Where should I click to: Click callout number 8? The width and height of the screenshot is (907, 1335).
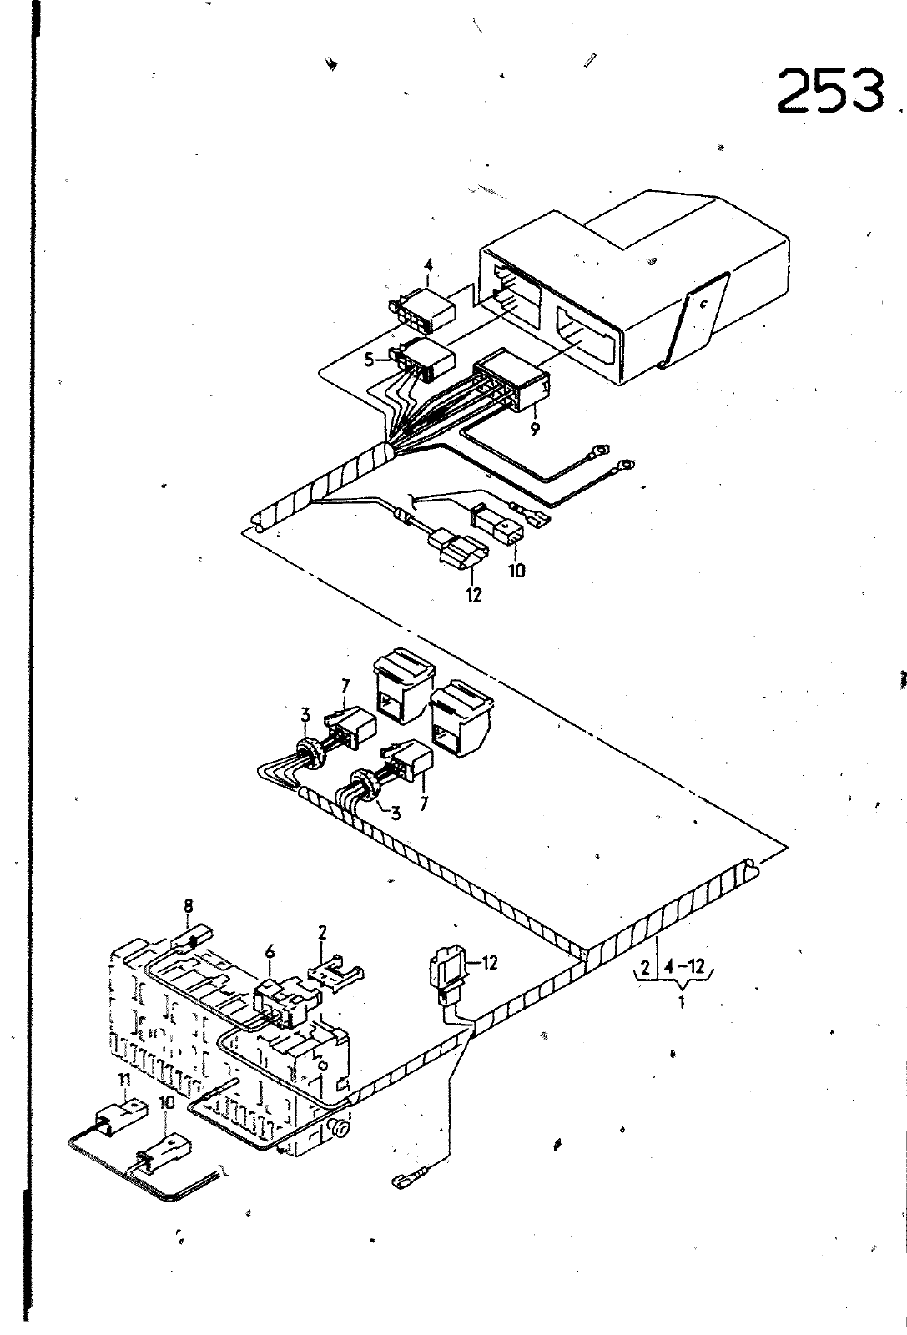189,905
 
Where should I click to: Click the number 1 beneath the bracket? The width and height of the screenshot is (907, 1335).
681,1002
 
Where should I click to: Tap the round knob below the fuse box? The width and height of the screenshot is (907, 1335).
340,1130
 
